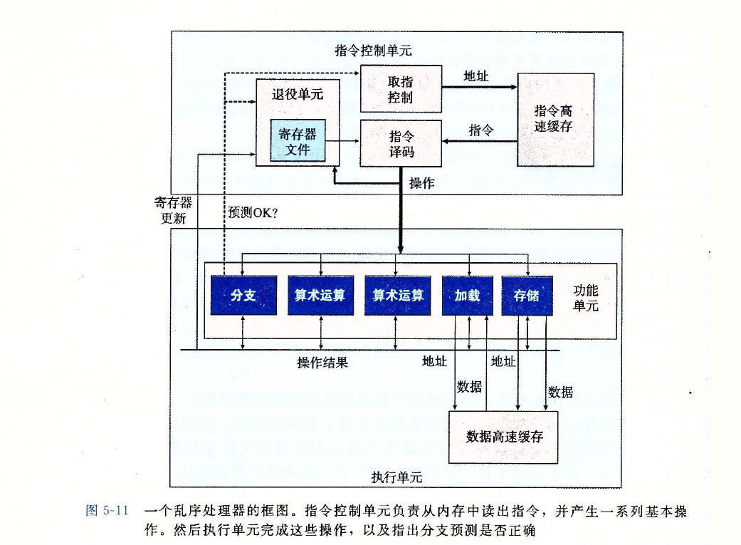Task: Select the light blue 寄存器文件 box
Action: coord(298,141)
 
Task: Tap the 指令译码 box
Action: coord(401,143)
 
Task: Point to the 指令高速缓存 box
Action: coord(555,120)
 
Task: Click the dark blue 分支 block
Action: coord(243,295)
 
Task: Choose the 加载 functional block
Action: coord(468,295)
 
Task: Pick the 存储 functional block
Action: coord(527,295)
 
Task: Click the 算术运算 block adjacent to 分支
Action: coord(320,295)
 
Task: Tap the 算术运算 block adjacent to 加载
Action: coord(398,295)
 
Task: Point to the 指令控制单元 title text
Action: coord(373,51)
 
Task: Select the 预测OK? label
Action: coord(253,212)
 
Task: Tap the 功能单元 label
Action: coord(586,298)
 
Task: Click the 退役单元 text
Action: coord(298,94)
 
